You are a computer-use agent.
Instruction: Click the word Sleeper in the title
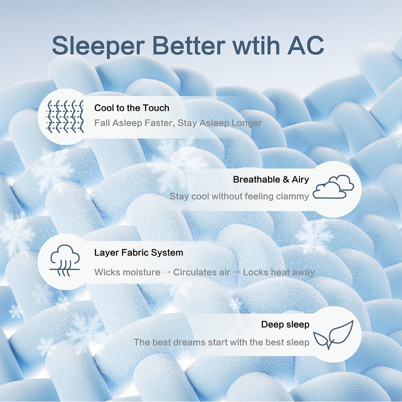click(x=98, y=46)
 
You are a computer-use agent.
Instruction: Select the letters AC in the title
click(x=306, y=45)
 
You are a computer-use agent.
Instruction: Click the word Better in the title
click(x=189, y=45)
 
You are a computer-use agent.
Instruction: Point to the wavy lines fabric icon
click(x=65, y=116)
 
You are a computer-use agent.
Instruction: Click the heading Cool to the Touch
click(x=132, y=108)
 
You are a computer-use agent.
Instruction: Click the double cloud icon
click(x=333, y=187)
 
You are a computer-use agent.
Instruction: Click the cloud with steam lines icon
click(x=65, y=260)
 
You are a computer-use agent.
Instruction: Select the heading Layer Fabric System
click(x=139, y=253)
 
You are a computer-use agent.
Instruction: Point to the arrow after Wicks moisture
click(x=166, y=272)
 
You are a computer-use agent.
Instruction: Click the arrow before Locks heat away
click(x=236, y=272)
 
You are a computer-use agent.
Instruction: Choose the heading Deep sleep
click(x=285, y=325)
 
